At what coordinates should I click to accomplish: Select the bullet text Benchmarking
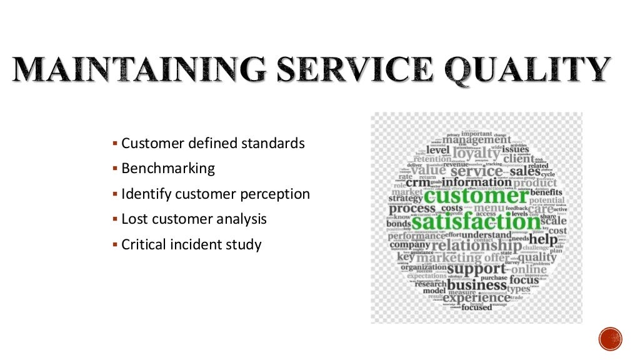(167, 169)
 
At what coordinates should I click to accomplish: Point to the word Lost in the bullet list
(132, 219)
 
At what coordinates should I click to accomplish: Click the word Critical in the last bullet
(143, 245)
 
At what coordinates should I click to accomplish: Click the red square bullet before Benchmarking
(115, 169)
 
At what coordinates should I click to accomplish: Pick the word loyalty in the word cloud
(477, 153)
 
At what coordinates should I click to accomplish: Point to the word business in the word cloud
(476, 284)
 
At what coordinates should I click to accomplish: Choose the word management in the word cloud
(476, 140)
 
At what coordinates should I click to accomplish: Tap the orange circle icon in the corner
(610, 338)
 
